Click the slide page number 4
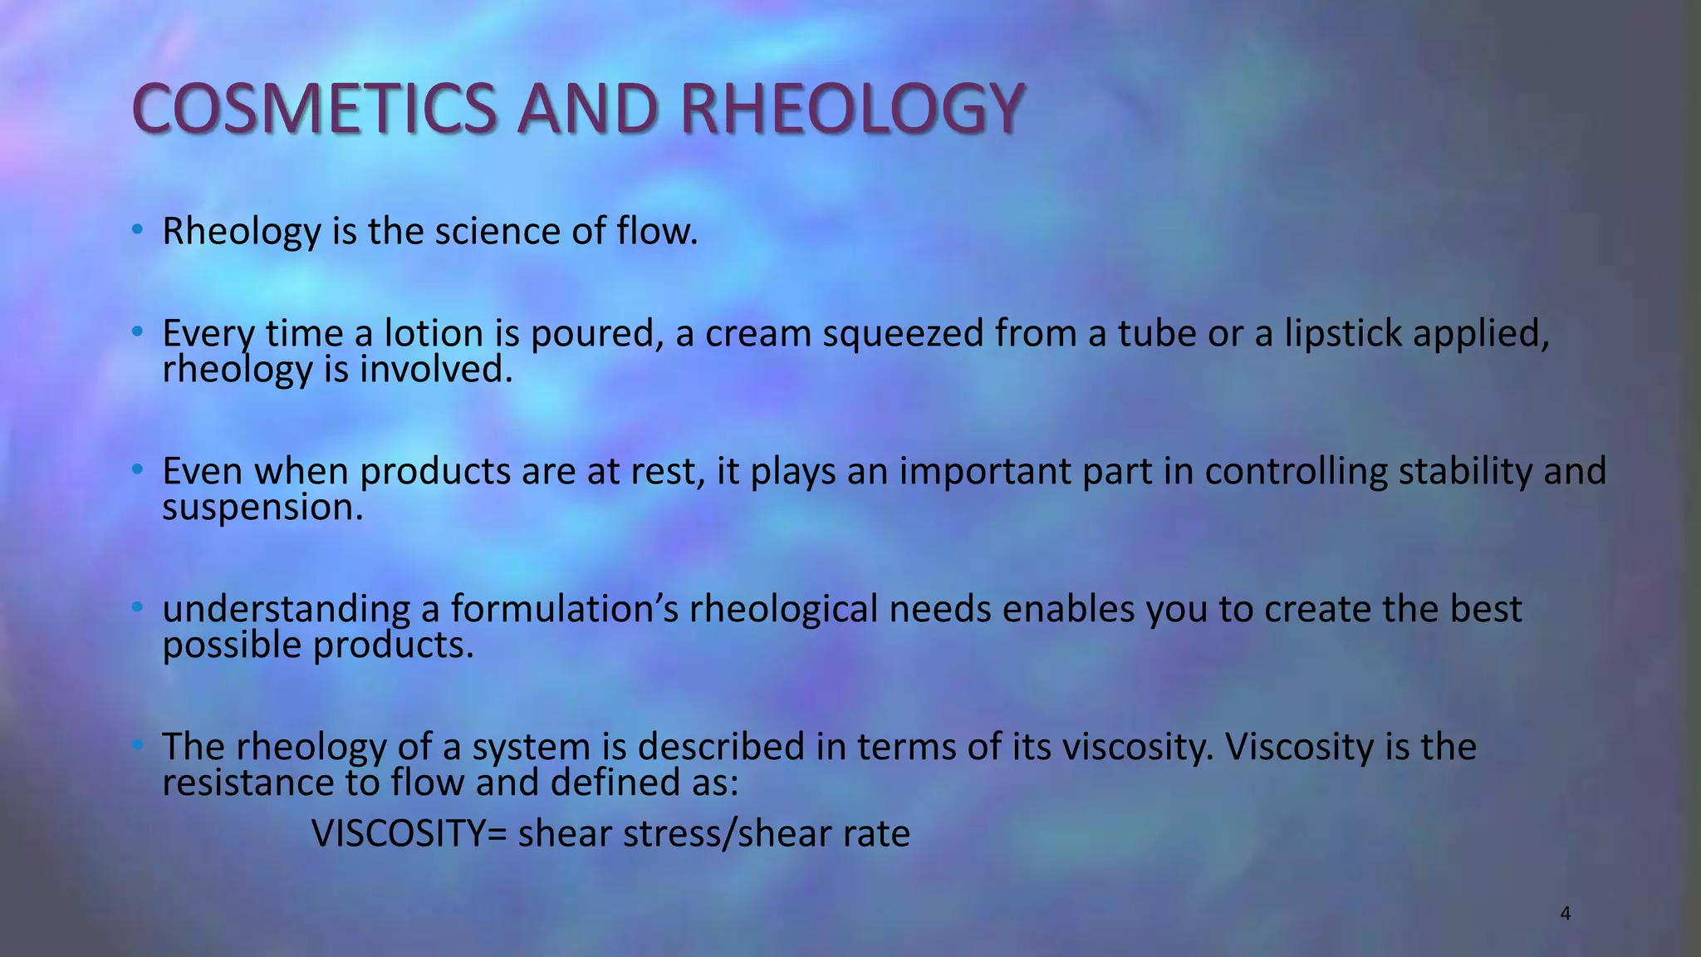point(1566,914)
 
